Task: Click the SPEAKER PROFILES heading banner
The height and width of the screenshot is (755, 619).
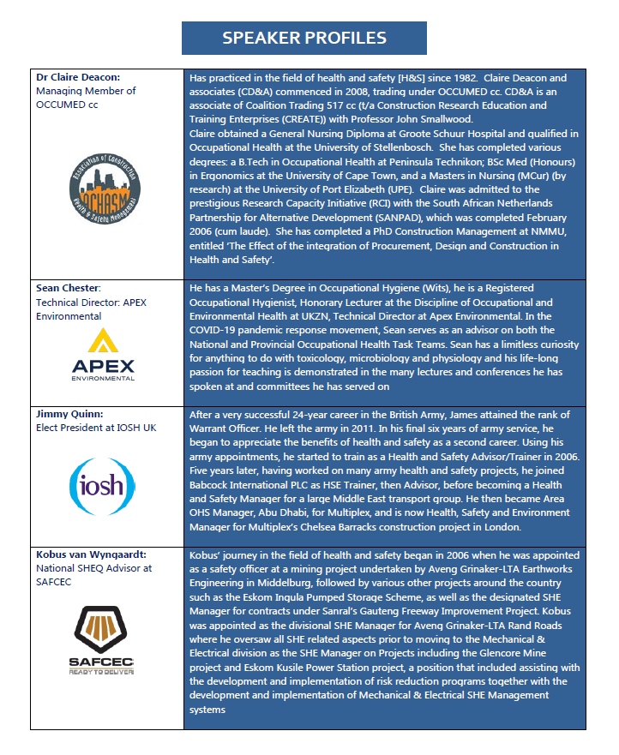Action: point(304,38)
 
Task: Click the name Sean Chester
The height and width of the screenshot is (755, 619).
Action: point(69,289)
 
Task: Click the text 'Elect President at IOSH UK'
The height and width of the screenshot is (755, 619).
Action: point(96,427)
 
